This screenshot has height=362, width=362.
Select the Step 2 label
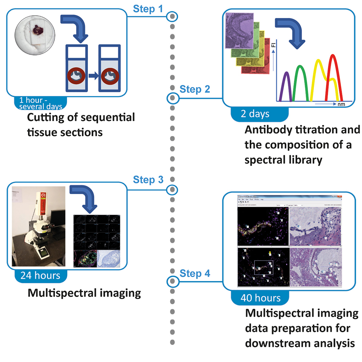pyautogui.click(x=195, y=89)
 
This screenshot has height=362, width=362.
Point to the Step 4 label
pyautogui.click(x=195, y=273)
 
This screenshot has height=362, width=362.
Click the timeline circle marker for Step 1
pyautogui.click(x=172, y=16)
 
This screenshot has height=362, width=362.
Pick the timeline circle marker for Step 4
pyautogui.click(x=172, y=281)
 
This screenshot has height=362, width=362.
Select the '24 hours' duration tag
pyautogui.click(x=41, y=275)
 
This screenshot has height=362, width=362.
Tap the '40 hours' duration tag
pyautogui.click(x=260, y=298)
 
